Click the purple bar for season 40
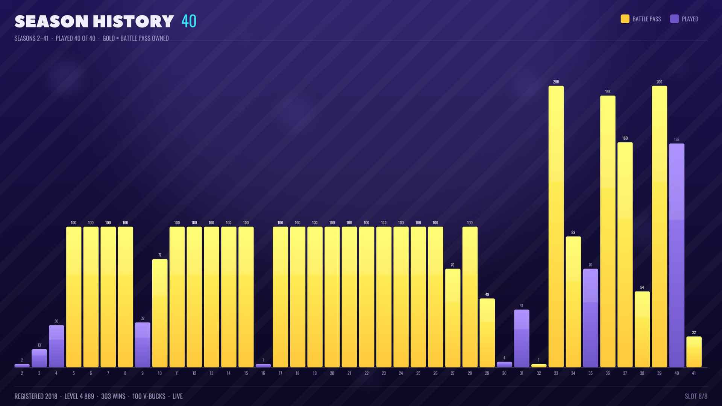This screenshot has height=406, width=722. coord(676,255)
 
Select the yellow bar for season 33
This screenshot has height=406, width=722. coord(556,226)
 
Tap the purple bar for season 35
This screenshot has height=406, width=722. coord(590,318)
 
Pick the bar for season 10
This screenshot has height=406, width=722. coord(160,313)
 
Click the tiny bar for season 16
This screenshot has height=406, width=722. coord(263,365)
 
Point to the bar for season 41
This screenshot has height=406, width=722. coord(694,352)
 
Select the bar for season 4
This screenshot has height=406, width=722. coord(56,346)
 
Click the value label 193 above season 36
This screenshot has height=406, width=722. coord(608,92)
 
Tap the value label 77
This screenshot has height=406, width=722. coord(160,255)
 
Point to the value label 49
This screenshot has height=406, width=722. coord(487,294)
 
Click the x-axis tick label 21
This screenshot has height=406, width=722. coord(349,373)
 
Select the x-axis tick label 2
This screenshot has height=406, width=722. coord(22,373)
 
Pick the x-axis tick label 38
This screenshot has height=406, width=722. coord(642,373)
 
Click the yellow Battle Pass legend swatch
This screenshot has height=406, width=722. coord(625,19)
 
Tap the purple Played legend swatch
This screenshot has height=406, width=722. coord(674,19)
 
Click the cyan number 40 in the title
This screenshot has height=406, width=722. coord(189,21)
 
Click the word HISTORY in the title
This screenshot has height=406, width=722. coord(133,21)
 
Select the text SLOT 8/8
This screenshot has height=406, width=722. coord(696,396)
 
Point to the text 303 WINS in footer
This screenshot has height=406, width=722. coord(113,396)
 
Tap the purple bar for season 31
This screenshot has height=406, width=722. coord(522,338)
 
